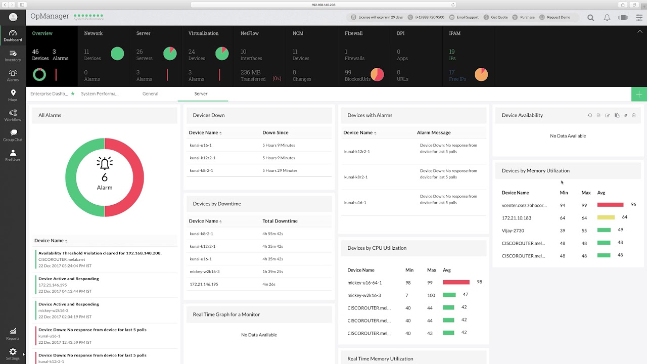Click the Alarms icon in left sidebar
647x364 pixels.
[x=13, y=74]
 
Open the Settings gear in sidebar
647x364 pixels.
[x=13, y=352]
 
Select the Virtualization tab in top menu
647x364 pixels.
[x=203, y=33]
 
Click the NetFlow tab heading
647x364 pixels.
[x=249, y=33]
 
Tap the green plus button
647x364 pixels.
[x=639, y=94]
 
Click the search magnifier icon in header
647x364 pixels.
[x=590, y=17]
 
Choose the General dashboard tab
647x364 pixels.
[x=150, y=94]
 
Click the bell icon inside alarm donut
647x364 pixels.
[x=105, y=163]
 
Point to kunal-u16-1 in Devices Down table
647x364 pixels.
[x=201, y=145]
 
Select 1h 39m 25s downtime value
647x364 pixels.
[x=272, y=271]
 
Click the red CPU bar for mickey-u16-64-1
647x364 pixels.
[x=456, y=282]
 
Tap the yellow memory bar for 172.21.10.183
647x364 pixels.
[x=606, y=217]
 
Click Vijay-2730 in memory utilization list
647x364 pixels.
[x=513, y=231]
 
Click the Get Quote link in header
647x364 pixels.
[x=499, y=17]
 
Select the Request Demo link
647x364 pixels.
[x=558, y=17]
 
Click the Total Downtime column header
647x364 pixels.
[x=280, y=221]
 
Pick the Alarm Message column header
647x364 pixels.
[x=433, y=132]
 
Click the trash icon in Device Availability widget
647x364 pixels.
[x=634, y=115]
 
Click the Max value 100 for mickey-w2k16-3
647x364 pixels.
[x=431, y=295]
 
